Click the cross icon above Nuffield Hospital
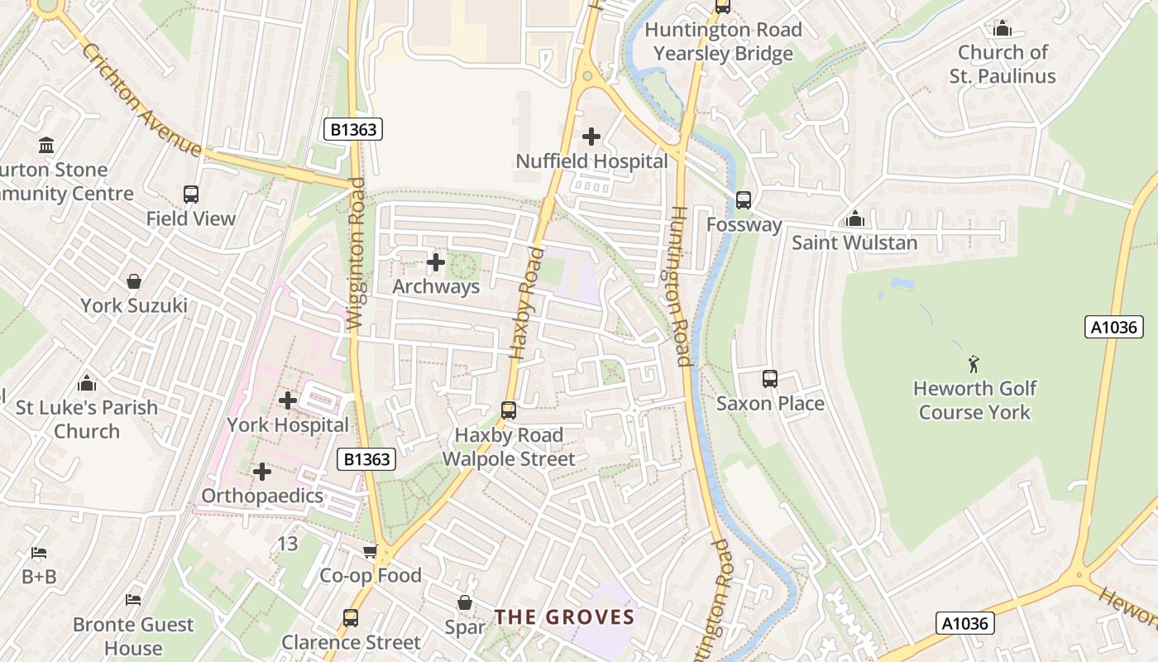click(591, 137)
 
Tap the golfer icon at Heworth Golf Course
click(974, 363)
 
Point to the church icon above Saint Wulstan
click(854, 219)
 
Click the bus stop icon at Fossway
click(744, 199)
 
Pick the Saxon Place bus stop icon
click(770, 379)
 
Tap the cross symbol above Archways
click(435, 263)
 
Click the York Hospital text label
click(288, 425)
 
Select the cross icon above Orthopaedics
click(262, 472)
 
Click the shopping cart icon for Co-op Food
click(370, 551)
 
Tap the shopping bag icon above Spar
click(465, 602)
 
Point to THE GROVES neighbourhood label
click(564, 617)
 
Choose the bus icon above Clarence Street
click(351, 618)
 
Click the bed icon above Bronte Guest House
click(133, 599)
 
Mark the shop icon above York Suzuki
click(133, 281)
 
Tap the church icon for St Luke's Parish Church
click(87, 384)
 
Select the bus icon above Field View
click(191, 194)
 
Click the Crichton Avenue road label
click(141, 99)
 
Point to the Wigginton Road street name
click(356, 254)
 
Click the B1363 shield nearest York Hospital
click(366, 459)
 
